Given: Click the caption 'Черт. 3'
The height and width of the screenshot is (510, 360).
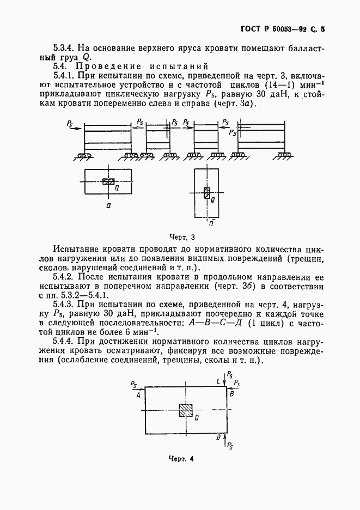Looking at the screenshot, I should tap(182, 237).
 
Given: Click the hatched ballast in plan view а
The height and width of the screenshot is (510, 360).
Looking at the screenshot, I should tap(109, 181).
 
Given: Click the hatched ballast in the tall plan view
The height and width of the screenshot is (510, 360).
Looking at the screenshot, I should tap(206, 193).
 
